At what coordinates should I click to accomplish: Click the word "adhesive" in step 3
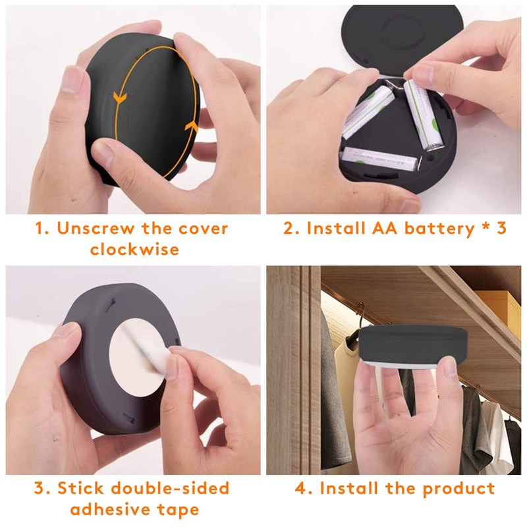pyautogui.click(x=108, y=509)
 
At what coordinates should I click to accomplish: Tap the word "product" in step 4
pyautogui.click(x=458, y=488)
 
